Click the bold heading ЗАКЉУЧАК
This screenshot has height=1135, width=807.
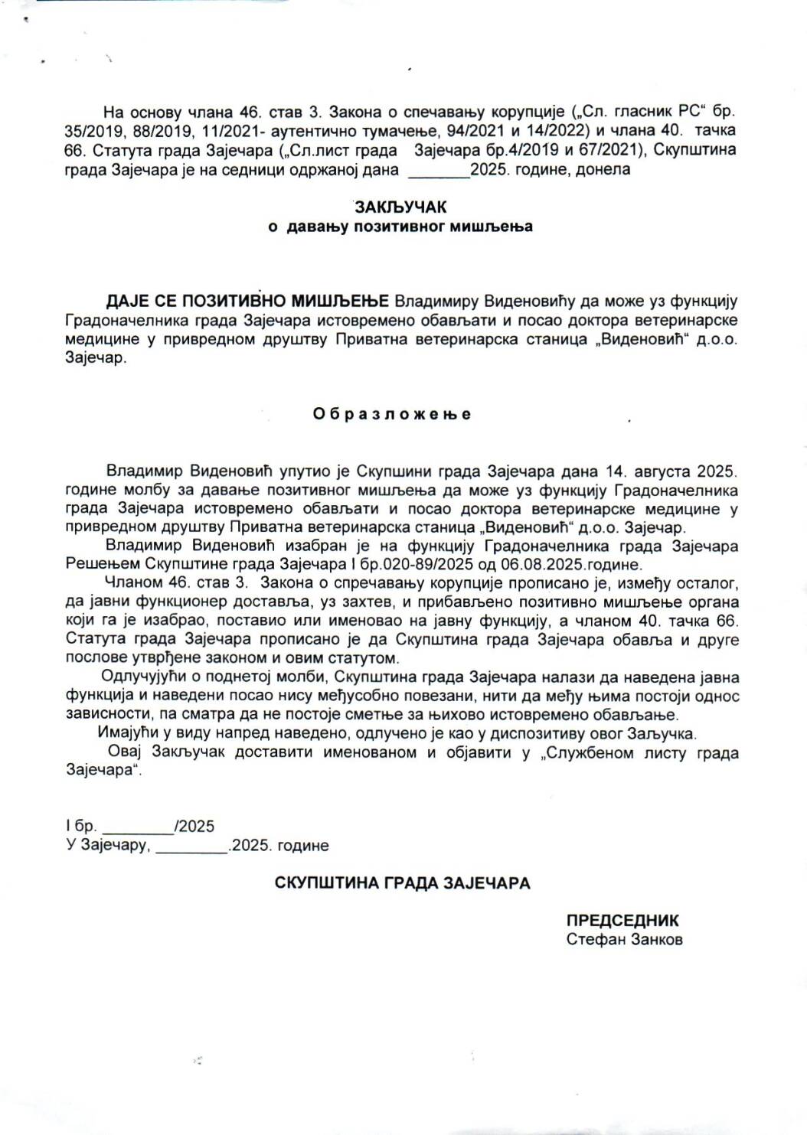click(400, 207)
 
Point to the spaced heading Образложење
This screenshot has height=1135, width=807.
click(392, 414)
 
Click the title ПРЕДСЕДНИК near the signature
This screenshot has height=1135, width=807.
click(622, 921)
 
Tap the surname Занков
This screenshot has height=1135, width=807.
click(655, 939)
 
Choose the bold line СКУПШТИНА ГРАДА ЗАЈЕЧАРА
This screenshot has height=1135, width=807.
click(403, 883)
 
